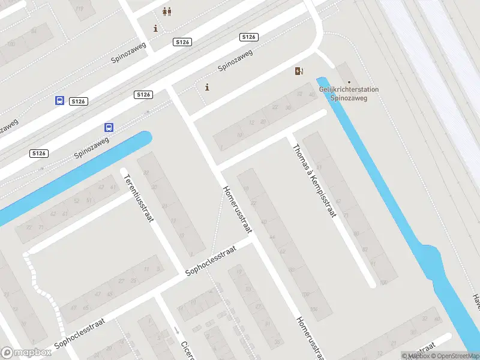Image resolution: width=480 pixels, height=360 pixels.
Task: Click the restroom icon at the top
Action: click(x=166, y=11)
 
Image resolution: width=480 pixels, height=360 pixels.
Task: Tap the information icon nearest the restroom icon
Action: click(x=156, y=28)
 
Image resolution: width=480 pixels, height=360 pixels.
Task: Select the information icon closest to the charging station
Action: click(x=207, y=87)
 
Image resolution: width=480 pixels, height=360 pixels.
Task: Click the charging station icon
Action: click(x=299, y=71)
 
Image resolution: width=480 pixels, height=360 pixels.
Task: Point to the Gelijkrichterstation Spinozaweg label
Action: click(x=349, y=94)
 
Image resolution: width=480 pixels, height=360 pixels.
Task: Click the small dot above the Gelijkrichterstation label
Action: click(x=349, y=83)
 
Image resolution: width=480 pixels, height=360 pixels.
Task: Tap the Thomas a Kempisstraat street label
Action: click(x=314, y=181)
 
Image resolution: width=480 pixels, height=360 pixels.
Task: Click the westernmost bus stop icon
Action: click(x=59, y=101)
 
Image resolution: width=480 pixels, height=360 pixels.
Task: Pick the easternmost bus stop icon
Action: click(x=109, y=127)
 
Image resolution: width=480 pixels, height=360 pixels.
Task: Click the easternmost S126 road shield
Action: click(x=249, y=37)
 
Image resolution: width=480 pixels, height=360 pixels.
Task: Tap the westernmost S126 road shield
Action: click(x=38, y=154)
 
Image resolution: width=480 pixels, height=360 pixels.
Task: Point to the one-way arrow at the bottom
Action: click(x=176, y=330)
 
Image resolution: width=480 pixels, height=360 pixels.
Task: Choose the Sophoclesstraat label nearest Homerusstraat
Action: click(x=210, y=263)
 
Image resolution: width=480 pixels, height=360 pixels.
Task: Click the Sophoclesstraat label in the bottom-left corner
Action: click(x=80, y=334)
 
